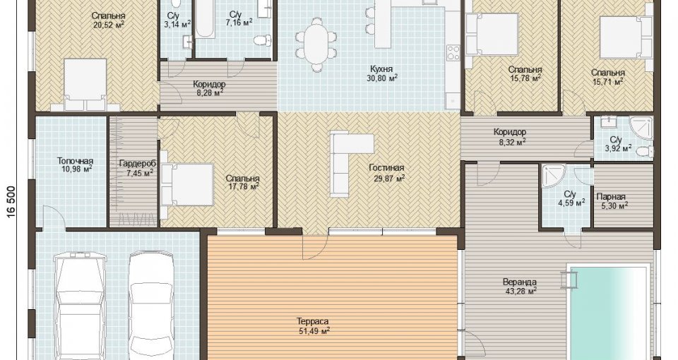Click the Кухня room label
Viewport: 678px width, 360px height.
coord(381,69)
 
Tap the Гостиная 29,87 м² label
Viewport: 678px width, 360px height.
coord(386,172)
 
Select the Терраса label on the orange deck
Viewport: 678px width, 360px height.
coord(313,322)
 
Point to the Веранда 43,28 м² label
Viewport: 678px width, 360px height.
coord(520,287)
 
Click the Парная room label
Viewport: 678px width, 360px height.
coord(611,197)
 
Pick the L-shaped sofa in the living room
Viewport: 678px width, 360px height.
coord(347,163)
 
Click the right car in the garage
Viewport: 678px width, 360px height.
coord(152,305)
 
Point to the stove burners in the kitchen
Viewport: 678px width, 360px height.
coord(453,53)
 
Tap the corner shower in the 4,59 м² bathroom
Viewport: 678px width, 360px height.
coord(553,177)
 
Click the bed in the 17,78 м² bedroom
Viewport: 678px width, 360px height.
coord(186,184)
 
